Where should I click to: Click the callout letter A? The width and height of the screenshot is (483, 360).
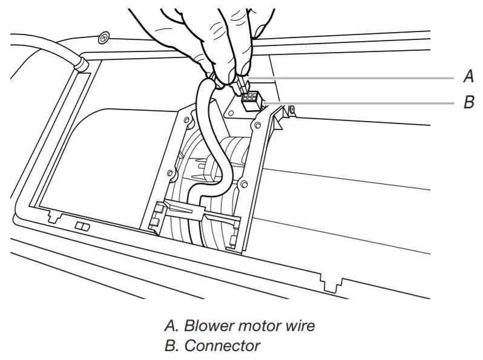(468, 77)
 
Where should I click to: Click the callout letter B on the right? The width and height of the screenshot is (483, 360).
(468, 103)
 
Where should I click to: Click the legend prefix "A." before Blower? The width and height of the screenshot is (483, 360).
(171, 326)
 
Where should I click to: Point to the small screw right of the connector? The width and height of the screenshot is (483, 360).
(292, 110)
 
